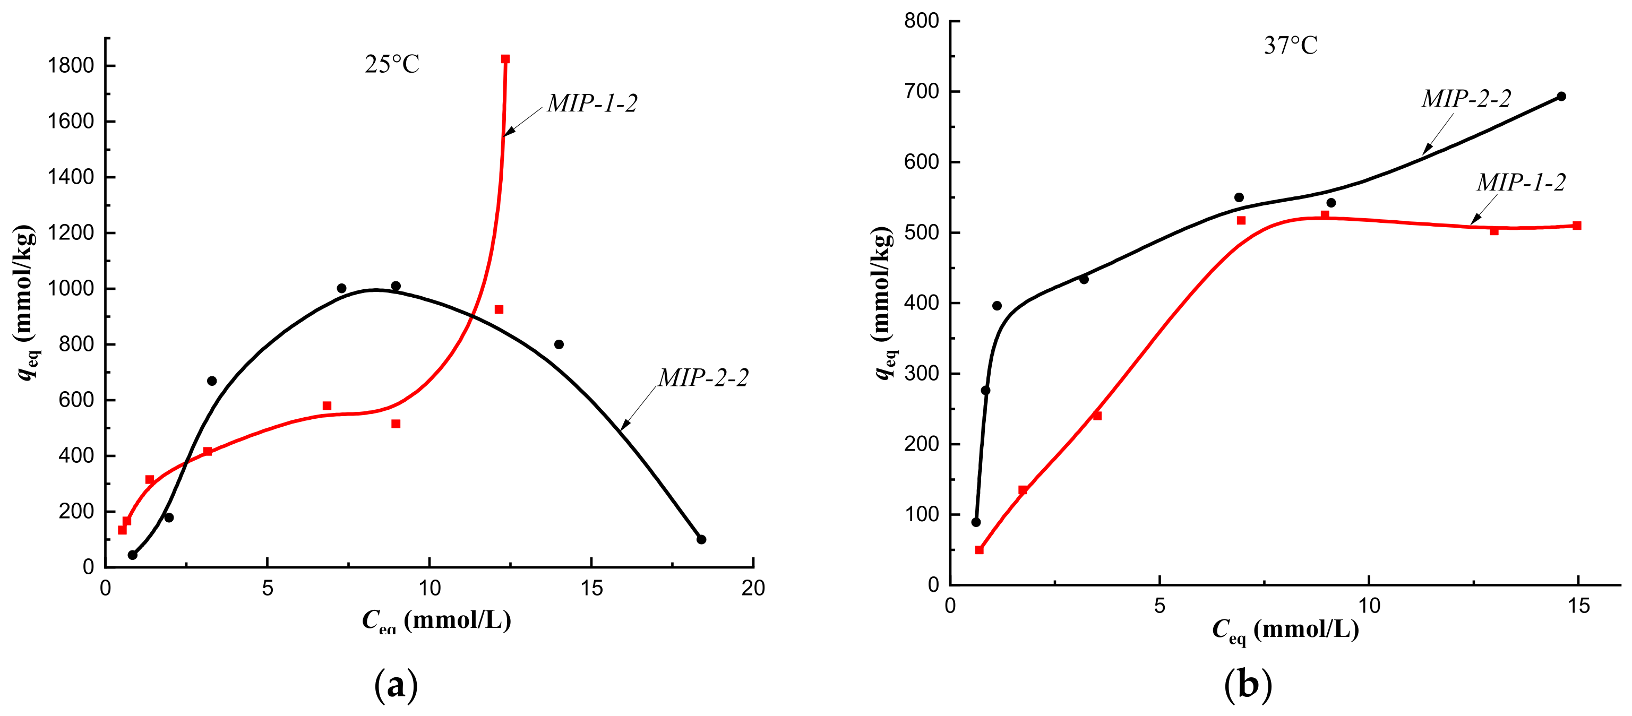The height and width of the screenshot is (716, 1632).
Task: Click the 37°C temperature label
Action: [1291, 46]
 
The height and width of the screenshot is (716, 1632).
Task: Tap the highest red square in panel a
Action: [505, 59]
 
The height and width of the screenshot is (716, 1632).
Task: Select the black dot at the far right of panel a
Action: [701, 539]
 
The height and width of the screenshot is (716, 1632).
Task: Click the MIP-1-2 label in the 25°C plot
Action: [592, 103]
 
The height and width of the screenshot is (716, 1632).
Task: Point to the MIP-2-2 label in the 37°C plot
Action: [1466, 98]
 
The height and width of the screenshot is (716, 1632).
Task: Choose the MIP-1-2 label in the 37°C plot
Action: [1521, 183]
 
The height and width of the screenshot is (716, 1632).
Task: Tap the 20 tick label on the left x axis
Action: [753, 589]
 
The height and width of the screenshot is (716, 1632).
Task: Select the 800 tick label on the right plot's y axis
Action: [921, 21]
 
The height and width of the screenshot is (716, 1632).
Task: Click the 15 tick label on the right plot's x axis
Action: [1578, 606]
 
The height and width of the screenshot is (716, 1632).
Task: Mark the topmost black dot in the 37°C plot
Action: [1561, 96]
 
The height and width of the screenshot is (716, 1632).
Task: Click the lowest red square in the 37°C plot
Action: [979, 550]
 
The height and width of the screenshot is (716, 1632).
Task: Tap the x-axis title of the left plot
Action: [436, 620]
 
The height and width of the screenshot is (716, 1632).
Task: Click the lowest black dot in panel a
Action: [132, 555]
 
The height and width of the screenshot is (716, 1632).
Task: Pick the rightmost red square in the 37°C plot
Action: [1577, 226]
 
